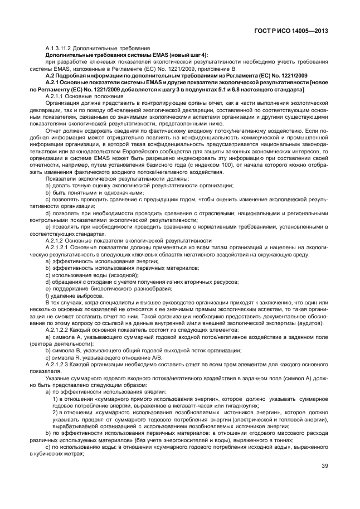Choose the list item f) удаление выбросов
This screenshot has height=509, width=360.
[75, 295]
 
